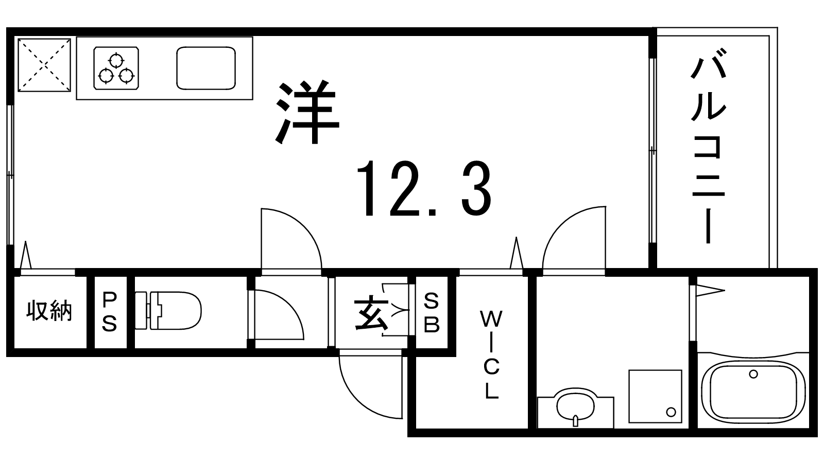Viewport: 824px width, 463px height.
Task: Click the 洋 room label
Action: pyautogui.click(x=307, y=112)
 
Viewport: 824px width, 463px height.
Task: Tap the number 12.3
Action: pyautogui.click(x=424, y=189)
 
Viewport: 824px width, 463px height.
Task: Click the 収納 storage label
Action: pyautogui.click(x=49, y=311)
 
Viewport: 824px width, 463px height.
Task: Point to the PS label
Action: pyautogui.click(x=109, y=311)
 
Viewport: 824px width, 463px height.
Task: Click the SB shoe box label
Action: pyautogui.click(x=432, y=313)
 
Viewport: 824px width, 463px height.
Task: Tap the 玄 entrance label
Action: pyautogui.click(x=371, y=314)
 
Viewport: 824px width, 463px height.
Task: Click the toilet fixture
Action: pyautogui.click(x=168, y=311)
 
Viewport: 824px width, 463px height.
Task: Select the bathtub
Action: pyautogui.click(x=754, y=390)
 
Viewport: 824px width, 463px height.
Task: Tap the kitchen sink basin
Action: pyautogui.click(x=206, y=68)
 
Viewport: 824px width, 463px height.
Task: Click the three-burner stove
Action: pyautogui.click(x=116, y=68)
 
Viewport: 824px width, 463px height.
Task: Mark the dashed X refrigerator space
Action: pyautogui.click(x=44, y=65)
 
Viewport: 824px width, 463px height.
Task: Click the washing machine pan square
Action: pyautogui.click(x=655, y=397)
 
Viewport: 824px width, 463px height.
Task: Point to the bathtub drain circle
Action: pyautogui.click(x=753, y=375)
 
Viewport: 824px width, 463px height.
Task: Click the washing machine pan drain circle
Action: pyautogui.click(x=671, y=412)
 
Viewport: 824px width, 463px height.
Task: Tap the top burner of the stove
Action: pyautogui.click(x=116, y=60)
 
